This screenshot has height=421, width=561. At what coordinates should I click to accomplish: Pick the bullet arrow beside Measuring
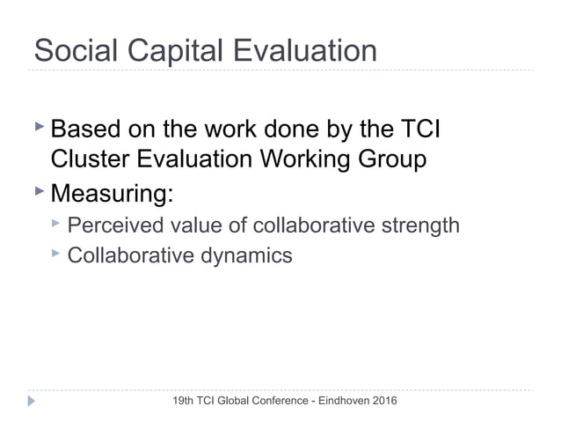click(38, 189)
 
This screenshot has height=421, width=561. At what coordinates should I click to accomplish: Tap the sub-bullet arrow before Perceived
click(55, 224)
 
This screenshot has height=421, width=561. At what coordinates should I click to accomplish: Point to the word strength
click(419, 226)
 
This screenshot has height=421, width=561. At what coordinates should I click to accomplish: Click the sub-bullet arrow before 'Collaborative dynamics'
click(55, 254)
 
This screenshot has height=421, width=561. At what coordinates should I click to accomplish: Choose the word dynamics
click(249, 256)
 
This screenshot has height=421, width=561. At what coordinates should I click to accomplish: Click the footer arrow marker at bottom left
click(32, 402)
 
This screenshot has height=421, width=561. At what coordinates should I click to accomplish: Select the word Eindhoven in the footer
click(336, 402)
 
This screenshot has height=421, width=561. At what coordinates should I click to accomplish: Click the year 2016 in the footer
click(383, 402)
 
